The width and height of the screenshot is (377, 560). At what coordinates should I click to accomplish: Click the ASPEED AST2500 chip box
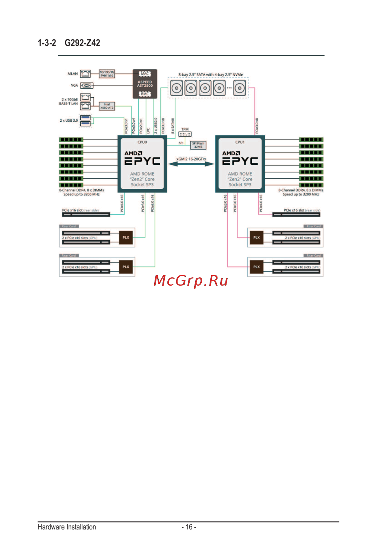pyautogui.click(x=145, y=84)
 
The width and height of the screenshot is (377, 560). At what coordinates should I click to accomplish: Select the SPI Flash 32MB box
pyautogui.click(x=198, y=145)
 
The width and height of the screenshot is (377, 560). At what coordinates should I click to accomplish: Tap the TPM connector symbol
pyautogui.click(x=185, y=134)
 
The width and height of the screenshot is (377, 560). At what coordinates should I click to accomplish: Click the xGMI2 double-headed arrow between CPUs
pyautogui.click(x=191, y=164)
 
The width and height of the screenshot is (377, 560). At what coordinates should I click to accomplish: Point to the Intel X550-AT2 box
pyautogui.click(x=107, y=106)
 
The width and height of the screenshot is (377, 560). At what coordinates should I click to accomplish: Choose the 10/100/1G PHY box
pyautogui.click(x=107, y=74)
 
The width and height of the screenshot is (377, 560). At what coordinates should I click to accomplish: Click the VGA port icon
pyautogui.click(x=87, y=86)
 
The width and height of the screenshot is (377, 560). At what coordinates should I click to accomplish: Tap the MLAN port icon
pyautogui.click(x=86, y=74)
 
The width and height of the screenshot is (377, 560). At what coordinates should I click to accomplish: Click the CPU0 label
pyautogui.click(x=142, y=142)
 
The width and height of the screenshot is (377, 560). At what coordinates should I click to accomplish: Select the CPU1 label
pyautogui.click(x=240, y=142)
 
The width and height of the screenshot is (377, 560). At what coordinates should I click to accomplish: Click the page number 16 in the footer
pyautogui.click(x=189, y=527)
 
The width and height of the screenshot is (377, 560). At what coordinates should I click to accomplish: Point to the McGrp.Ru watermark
pyautogui.click(x=191, y=281)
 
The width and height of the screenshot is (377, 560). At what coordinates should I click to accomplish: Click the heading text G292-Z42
pyautogui.click(x=82, y=43)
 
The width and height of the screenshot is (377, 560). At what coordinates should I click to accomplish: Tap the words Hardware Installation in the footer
pyautogui.click(x=67, y=527)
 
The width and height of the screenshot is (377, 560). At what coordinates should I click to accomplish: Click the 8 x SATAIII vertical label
pyautogui.click(x=173, y=126)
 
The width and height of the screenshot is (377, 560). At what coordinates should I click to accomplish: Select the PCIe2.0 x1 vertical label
pyautogui.click(x=141, y=126)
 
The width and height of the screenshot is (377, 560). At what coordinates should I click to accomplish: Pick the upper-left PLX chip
pyautogui.click(x=126, y=238)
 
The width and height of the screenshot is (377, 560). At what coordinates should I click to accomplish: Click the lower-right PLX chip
pyautogui.click(x=256, y=267)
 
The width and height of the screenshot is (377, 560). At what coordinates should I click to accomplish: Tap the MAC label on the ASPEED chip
pyautogui.click(x=145, y=74)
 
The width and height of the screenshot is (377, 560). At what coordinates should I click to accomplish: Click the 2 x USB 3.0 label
pyautogui.click(x=69, y=121)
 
